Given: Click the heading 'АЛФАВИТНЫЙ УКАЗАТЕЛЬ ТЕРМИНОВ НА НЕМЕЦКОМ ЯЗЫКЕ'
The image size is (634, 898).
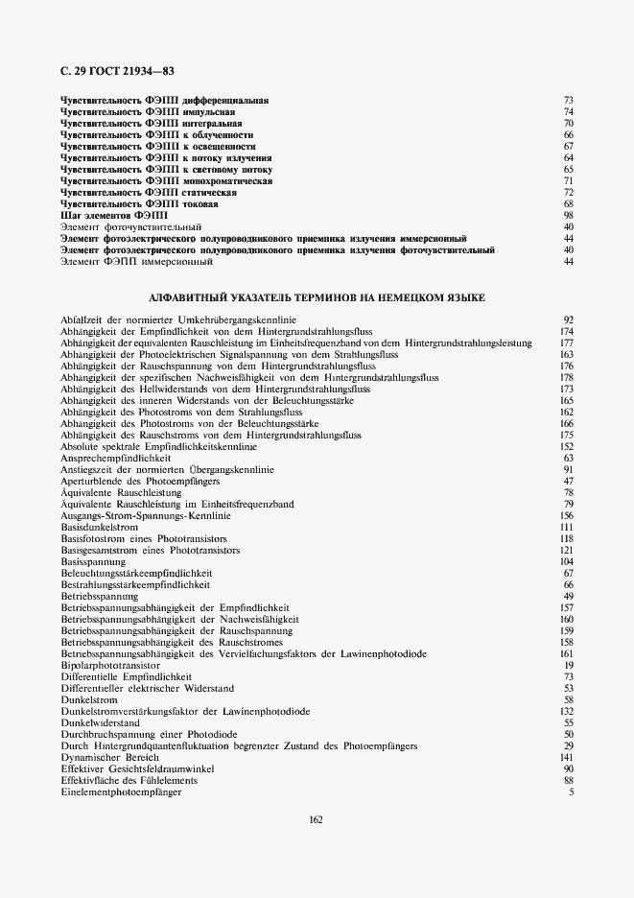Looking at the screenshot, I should coord(317,298).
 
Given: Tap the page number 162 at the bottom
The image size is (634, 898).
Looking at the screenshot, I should coord(316,818).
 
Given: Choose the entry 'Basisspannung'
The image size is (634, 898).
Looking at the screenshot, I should coord(89,561).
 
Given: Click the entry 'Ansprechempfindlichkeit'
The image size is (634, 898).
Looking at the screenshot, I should coord(108,459).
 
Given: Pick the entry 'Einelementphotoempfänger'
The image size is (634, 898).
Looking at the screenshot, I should coord(121,792).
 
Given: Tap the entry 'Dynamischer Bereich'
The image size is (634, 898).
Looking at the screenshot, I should coord(103,757).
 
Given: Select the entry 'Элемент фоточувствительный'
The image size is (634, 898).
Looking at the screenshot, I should coord(117,226).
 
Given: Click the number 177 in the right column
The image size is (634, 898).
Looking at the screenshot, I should coord(566,343).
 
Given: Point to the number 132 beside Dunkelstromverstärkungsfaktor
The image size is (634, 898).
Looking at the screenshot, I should coord(566,711).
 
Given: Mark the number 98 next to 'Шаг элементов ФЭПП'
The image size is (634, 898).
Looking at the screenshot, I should coord(568,216).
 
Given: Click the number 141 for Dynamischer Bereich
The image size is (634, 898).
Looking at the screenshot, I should coord(566,757).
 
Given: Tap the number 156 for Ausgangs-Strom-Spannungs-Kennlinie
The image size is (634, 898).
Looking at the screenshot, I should coord(566,516).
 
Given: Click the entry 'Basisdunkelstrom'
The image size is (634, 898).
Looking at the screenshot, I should coord(99,528).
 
